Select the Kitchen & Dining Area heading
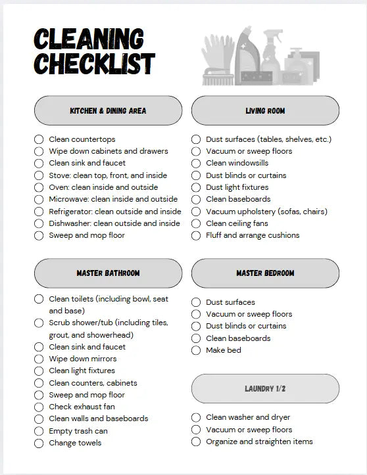[108, 110]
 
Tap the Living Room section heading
[265, 110]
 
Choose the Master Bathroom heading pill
[108, 273]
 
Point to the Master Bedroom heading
[265, 273]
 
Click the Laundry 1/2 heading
[265, 389]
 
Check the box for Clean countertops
[39, 139]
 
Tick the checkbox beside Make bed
[196, 350]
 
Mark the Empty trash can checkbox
[39, 431]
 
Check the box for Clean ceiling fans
[196, 223]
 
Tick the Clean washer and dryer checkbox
[196, 417]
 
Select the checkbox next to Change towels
[39, 443]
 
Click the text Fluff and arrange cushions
[253, 235]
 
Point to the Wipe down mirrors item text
[83, 359]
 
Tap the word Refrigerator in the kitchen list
[70, 212]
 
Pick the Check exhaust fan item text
[82, 407]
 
